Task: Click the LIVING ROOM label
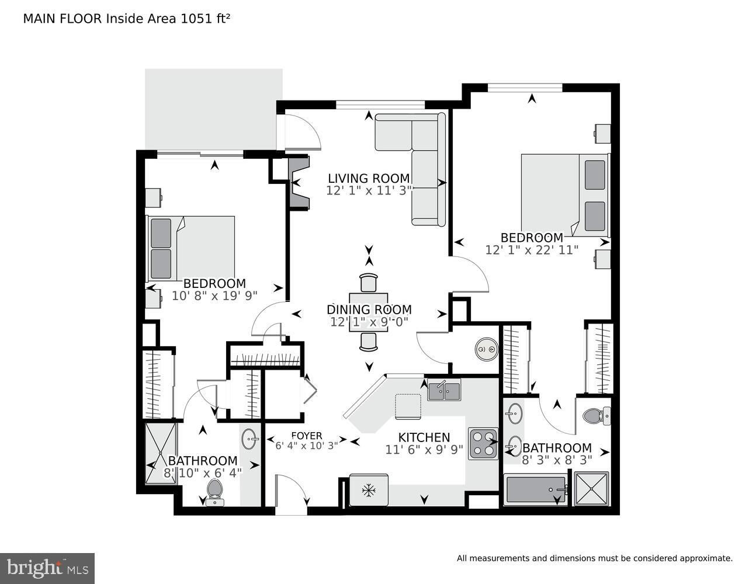click(369, 178)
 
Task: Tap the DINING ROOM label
click(369, 310)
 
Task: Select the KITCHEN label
click(424, 437)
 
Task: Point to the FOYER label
click(307, 436)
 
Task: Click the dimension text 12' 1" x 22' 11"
click(532, 250)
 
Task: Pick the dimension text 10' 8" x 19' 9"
click(214, 296)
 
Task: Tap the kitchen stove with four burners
click(483, 444)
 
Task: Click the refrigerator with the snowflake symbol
click(369, 490)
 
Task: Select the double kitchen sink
click(444, 391)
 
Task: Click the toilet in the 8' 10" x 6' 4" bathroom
click(214, 493)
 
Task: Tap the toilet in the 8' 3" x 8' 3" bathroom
click(597, 416)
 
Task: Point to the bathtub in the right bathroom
click(536, 489)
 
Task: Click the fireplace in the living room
click(299, 183)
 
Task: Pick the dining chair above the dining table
click(369, 283)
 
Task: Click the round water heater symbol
click(487, 349)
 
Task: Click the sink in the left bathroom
click(250, 439)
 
